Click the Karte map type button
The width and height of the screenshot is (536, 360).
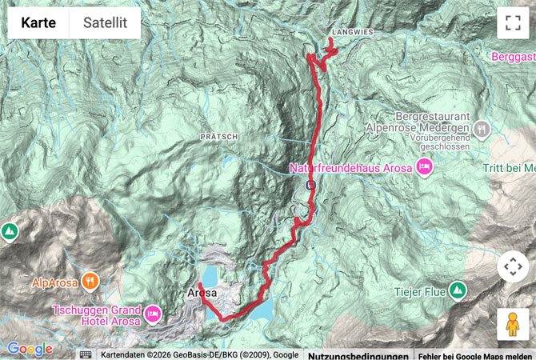pos(38,23)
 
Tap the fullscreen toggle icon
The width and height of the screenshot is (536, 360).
pos(513,23)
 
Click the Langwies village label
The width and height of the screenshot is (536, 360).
pos(350,33)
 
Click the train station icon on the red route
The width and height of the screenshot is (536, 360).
pos(310,185)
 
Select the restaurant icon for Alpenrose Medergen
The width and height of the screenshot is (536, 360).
pos(481,127)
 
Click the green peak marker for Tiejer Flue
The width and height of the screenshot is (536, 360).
pos(457,289)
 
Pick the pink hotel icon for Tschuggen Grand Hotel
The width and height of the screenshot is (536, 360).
pos(153,311)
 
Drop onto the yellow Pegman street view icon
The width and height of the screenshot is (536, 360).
pos(513,324)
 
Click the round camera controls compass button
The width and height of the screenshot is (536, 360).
pos(513,266)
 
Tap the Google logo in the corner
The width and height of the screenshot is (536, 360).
pos(30,349)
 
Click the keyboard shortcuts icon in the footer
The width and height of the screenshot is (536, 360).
pos(86,354)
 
